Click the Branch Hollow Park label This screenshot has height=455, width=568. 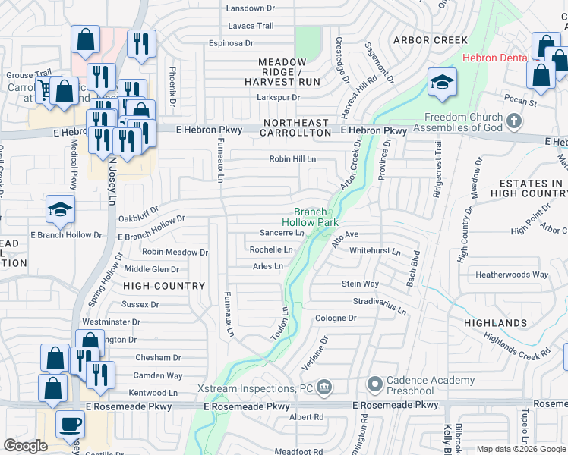click(310, 218)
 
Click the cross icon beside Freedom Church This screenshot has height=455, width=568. click(514, 121)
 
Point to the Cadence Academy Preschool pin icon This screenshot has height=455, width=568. click(374, 385)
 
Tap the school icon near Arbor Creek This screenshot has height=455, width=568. click(441, 83)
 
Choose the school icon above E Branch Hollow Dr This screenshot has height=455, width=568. click(60, 210)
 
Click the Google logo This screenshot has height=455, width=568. click(25, 445)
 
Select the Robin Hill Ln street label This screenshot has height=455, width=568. click(292, 159)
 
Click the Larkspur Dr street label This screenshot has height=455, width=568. click(279, 97)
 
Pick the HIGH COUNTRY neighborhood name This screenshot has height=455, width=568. click(164, 286)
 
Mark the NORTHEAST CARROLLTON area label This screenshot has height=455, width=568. click(296, 127)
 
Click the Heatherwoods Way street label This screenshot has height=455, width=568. click(511, 275)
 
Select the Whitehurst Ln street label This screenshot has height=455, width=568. click(374, 250)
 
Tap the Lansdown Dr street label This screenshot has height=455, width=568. click(251, 8)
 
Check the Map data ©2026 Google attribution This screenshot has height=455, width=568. click(521, 449)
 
